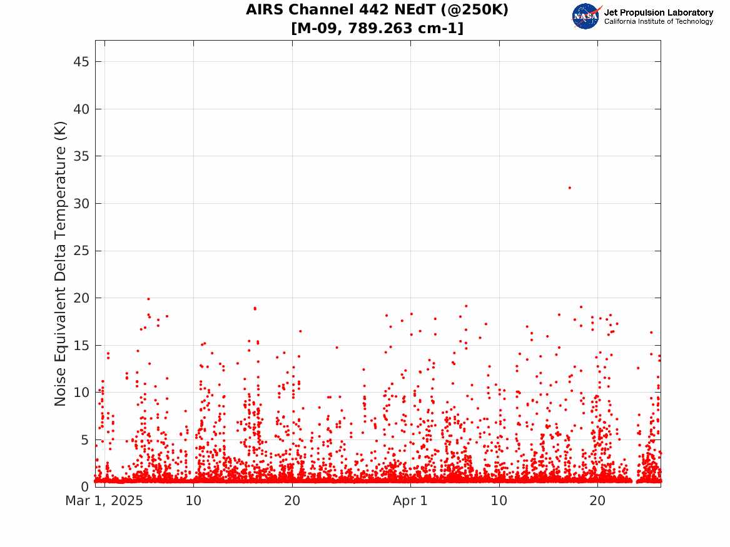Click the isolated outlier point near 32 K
point(569,188)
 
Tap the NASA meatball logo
point(586,16)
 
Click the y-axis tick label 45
point(81,61)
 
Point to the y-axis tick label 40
point(81,109)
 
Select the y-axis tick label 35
point(81,156)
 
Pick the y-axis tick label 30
point(81,203)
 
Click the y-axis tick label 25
point(81,251)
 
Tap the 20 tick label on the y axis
point(81,298)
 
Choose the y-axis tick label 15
point(81,346)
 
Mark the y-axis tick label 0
point(84,486)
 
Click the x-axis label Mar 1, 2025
point(104,501)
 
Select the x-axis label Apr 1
point(410,501)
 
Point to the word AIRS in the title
point(265,10)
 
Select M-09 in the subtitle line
point(318,28)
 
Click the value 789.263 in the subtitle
point(380,28)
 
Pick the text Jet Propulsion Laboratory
point(659,13)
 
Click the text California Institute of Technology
point(659,21)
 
